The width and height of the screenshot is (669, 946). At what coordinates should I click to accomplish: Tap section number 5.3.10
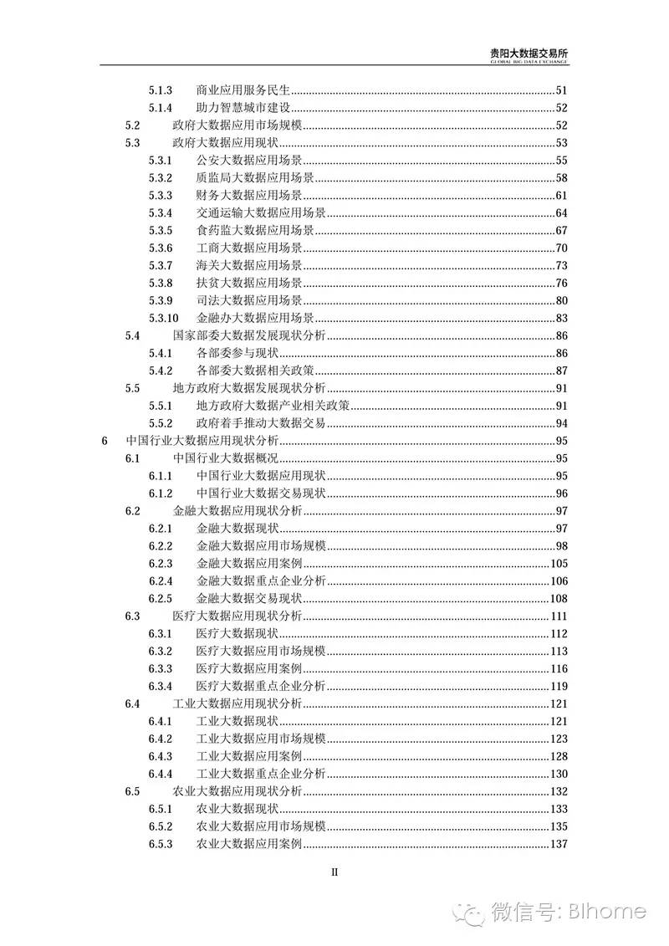click(x=164, y=318)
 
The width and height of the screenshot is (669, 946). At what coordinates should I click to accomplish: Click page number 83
click(x=561, y=318)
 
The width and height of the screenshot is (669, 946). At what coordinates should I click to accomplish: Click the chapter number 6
click(x=104, y=441)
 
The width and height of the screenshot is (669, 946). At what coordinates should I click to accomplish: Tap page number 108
click(x=559, y=599)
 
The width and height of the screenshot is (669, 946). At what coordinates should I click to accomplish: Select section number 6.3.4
click(x=161, y=687)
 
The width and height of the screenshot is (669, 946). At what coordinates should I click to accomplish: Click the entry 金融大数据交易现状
click(x=249, y=599)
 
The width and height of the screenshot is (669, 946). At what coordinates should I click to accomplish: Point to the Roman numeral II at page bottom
click(x=334, y=871)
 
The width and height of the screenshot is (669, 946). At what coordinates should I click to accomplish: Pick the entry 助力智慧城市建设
click(x=243, y=108)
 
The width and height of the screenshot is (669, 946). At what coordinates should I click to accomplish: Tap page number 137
click(x=559, y=844)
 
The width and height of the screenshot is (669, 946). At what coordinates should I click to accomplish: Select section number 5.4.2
click(x=161, y=371)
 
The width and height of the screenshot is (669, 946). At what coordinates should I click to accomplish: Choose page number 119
click(x=559, y=687)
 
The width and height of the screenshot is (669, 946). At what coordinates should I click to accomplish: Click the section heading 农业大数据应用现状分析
click(x=237, y=791)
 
